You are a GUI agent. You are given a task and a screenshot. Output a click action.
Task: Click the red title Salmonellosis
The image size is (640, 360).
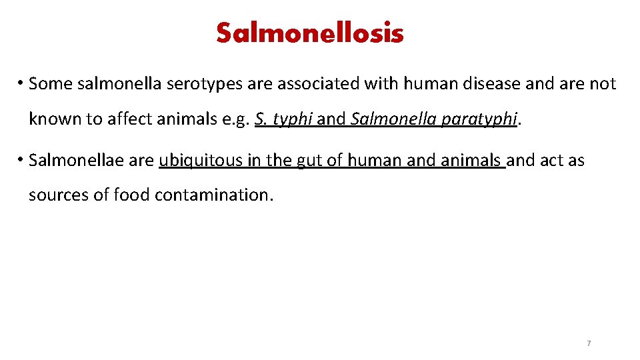click(310, 33)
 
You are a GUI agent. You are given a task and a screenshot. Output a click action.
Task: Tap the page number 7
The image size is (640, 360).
click(588, 343)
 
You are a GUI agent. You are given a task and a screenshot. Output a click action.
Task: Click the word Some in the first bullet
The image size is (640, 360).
click(52, 84)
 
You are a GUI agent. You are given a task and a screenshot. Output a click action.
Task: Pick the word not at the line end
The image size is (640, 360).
click(603, 84)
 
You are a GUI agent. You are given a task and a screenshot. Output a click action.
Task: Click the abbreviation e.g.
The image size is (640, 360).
click(233, 120)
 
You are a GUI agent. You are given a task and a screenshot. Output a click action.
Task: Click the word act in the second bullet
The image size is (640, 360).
click(548, 160)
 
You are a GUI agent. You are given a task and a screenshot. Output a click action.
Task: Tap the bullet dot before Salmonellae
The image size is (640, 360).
click(22, 160)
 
